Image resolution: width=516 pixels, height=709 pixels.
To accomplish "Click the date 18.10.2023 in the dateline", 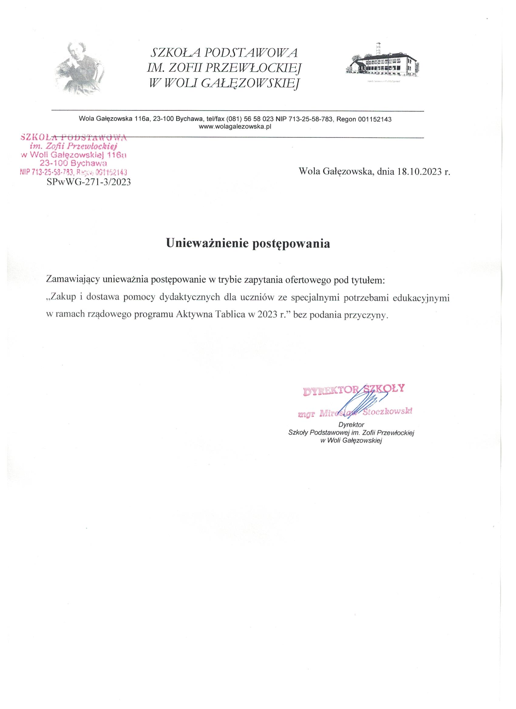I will point(419,172).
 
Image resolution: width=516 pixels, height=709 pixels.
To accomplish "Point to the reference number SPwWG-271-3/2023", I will point(89,182).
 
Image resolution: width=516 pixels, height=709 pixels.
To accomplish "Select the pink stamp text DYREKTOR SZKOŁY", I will point(353,389).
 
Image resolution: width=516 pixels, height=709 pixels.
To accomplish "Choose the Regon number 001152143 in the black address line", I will point(375,119).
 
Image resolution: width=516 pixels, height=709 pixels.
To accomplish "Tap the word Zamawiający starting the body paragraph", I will point(73,280).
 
